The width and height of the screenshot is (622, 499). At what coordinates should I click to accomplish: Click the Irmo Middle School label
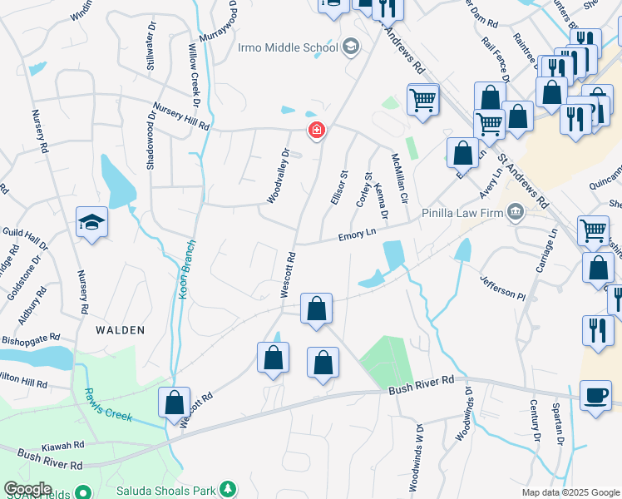pos(288,47)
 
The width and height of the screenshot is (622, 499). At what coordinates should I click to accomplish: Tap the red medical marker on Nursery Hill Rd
pos(316,131)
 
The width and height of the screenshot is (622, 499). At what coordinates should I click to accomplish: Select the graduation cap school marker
pos(92,222)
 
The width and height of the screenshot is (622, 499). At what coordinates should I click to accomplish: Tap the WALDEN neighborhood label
pos(120,330)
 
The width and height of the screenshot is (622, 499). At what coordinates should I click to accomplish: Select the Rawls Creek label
pos(106,406)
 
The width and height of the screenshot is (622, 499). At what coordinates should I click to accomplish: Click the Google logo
pos(27,489)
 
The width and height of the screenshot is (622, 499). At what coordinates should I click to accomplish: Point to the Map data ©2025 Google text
pos(570,492)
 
